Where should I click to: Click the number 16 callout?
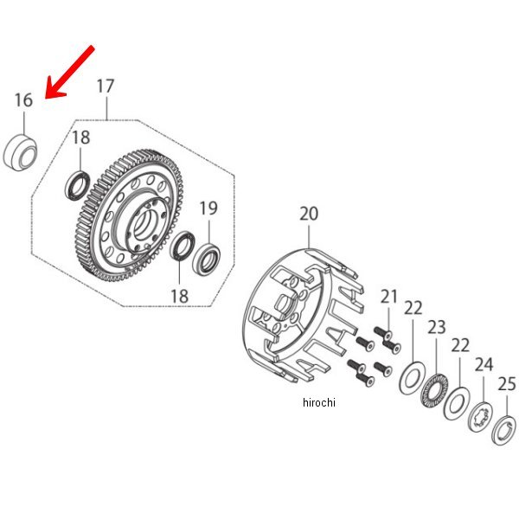tap(23, 100)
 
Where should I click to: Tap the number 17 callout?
tap(105, 86)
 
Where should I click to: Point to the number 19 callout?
tap(208, 208)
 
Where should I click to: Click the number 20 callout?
tap(309, 215)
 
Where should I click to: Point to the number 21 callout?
tap(389, 297)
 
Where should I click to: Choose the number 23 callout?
tap(436, 327)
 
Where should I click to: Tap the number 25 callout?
tap(507, 383)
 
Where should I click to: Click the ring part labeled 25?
tap(503, 430)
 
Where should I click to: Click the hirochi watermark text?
tap(318, 402)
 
